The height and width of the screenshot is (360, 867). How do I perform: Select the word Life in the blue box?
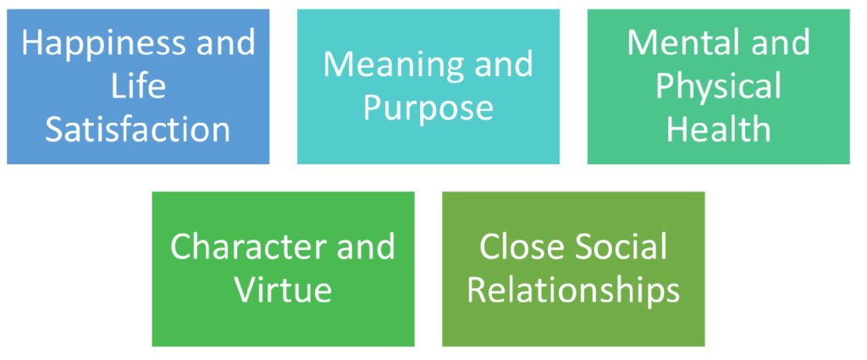(x=137, y=86)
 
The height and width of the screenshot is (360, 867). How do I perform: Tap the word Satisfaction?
(x=137, y=130)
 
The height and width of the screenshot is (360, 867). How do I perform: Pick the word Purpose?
(x=428, y=108)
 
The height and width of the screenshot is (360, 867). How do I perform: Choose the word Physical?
(x=718, y=86)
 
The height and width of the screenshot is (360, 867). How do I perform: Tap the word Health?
(x=718, y=130)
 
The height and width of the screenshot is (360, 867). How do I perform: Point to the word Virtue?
(x=283, y=290)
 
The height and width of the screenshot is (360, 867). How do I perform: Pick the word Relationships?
(x=573, y=291)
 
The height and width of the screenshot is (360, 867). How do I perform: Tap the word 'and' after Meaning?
(x=503, y=65)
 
